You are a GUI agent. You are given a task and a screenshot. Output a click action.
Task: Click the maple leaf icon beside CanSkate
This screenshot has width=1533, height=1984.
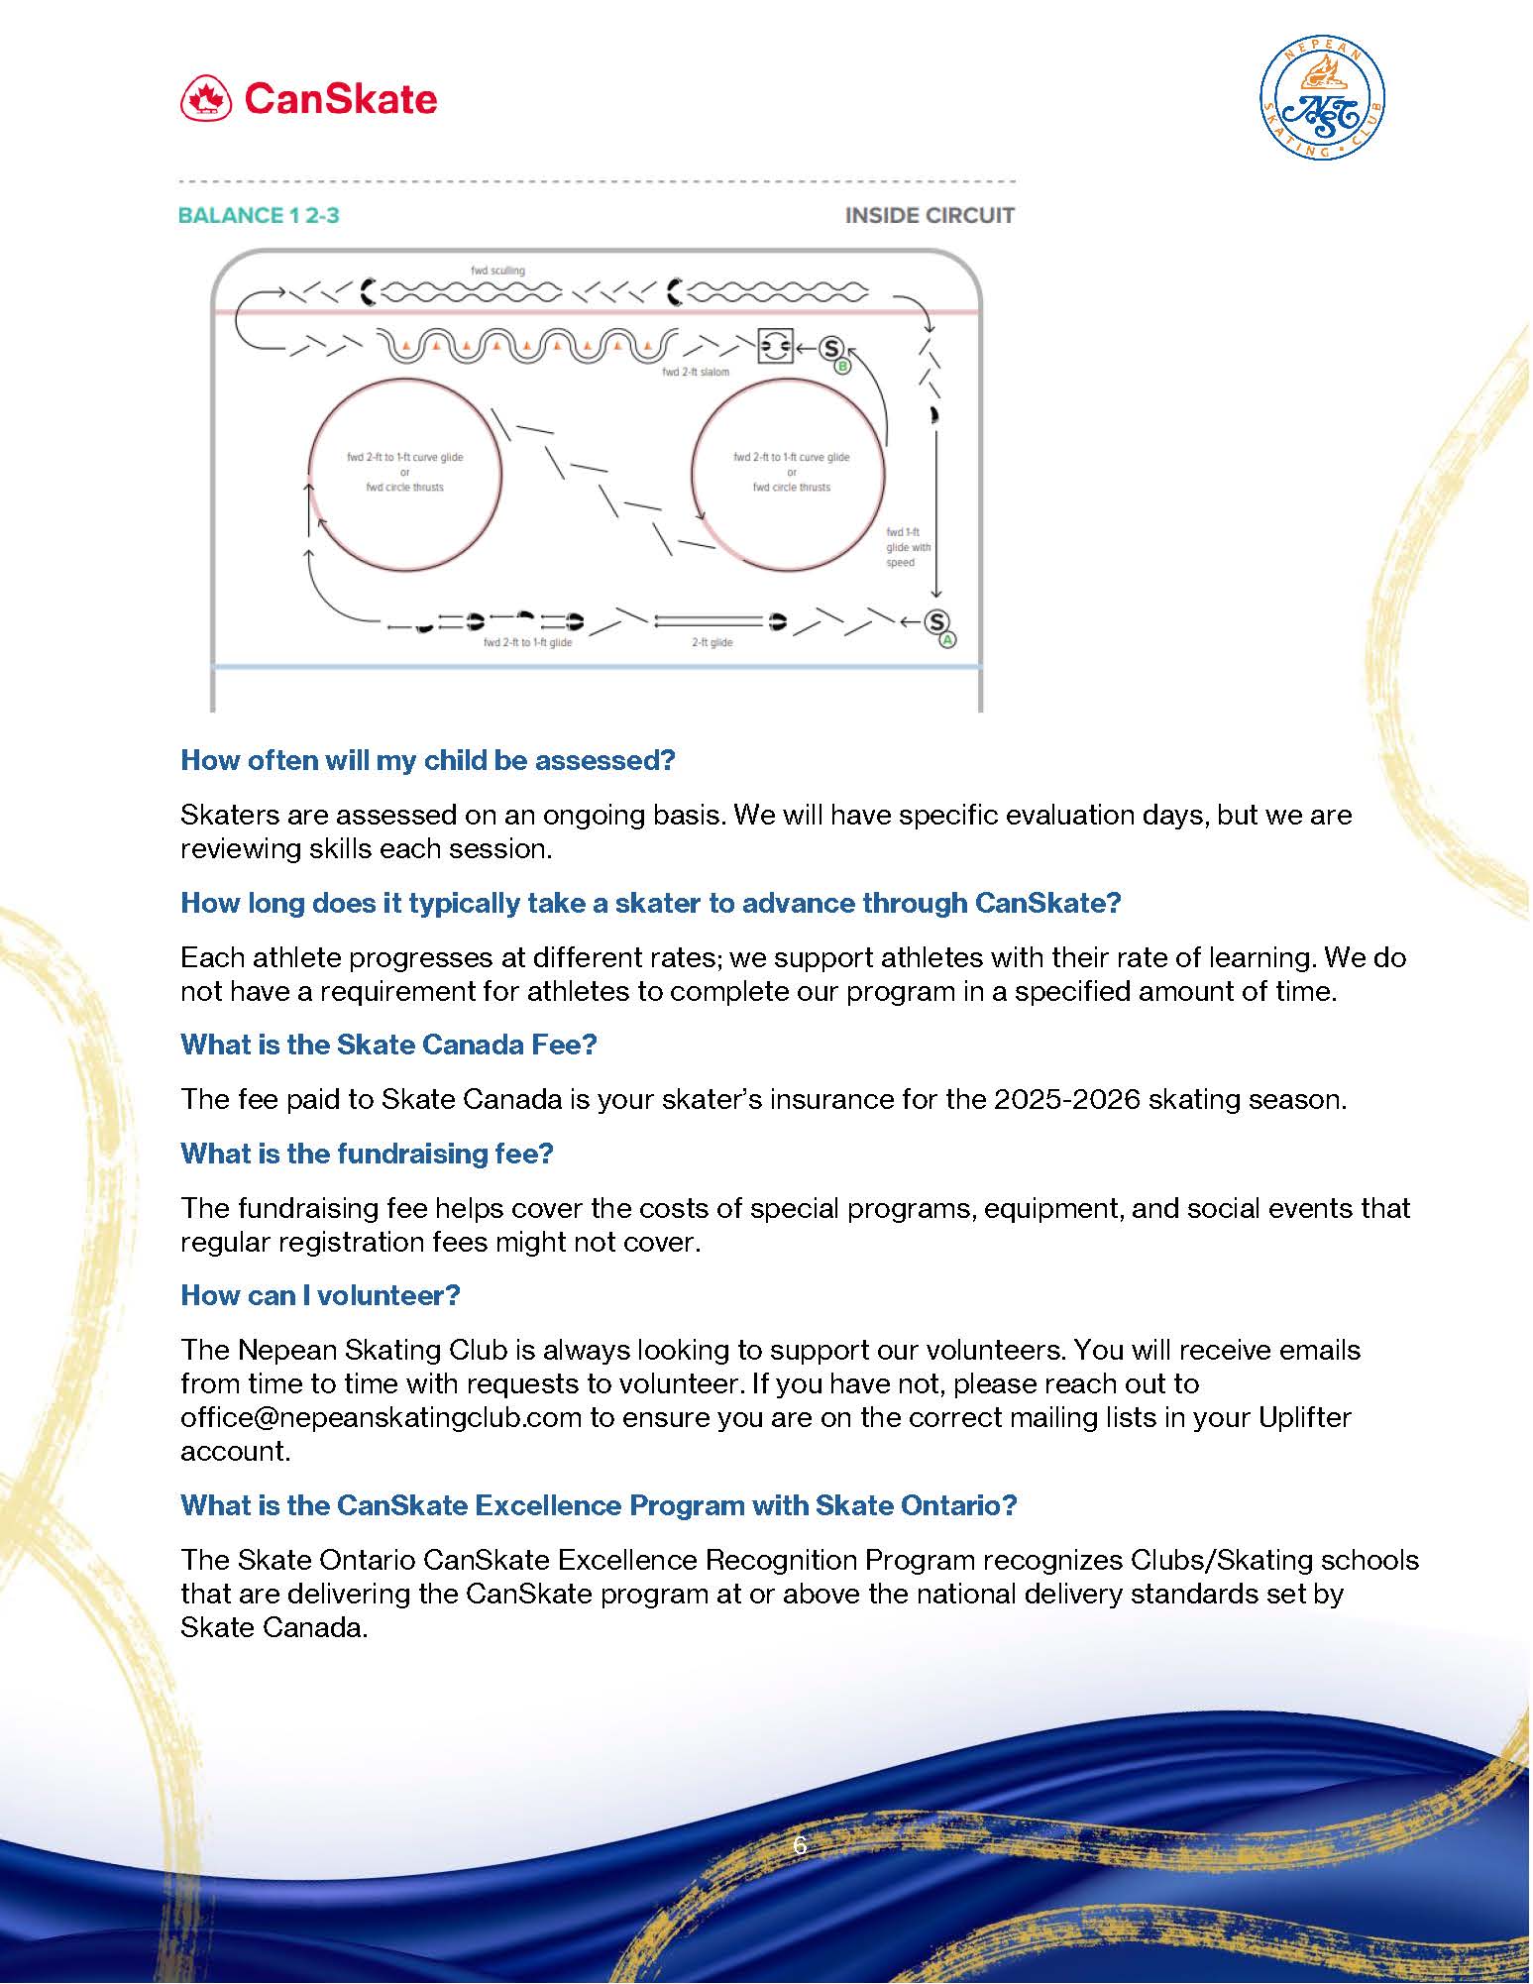pyautogui.click(x=206, y=99)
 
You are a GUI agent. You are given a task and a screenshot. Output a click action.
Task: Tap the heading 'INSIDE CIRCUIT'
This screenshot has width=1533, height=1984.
pyautogui.click(x=929, y=215)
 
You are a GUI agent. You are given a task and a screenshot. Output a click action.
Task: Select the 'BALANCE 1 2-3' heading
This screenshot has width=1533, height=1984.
pyautogui.click(x=259, y=215)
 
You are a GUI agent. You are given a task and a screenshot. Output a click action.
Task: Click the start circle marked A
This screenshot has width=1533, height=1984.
pyautogui.click(x=935, y=621)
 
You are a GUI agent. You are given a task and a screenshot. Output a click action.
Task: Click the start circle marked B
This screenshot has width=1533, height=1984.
pyautogui.click(x=832, y=349)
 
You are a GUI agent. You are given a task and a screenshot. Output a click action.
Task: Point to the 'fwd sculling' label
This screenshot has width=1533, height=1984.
pyautogui.click(x=498, y=271)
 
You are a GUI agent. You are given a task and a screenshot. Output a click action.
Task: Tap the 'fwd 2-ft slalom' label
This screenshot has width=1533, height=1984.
pyautogui.click(x=696, y=373)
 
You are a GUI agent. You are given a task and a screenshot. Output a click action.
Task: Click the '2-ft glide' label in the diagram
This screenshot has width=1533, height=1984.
pyautogui.click(x=712, y=643)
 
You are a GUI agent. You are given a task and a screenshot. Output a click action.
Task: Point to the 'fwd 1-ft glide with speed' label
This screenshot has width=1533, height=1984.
pyautogui.click(x=908, y=547)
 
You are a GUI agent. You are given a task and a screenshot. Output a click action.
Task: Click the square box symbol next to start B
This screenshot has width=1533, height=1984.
pyautogui.click(x=775, y=347)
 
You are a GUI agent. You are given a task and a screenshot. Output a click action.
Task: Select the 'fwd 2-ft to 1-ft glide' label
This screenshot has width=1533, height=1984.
pyautogui.click(x=527, y=643)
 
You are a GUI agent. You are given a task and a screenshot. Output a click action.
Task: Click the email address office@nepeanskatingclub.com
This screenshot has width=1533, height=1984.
pyautogui.click(x=381, y=1417)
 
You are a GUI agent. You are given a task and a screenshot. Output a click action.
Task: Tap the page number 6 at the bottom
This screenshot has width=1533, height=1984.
pyautogui.click(x=800, y=1846)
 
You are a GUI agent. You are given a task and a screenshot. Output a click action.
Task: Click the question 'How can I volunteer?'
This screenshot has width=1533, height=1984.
pyautogui.click(x=320, y=1295)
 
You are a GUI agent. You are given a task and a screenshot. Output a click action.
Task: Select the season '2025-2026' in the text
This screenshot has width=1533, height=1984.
pyautogui.click(x=1067, y=1099)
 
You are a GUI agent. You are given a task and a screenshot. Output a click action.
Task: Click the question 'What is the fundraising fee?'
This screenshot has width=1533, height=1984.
pyautogui.click(x=367, y=1154)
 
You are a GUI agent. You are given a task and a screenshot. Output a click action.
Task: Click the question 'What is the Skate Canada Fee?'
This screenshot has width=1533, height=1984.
pyautogui.click(x=388, y=1045)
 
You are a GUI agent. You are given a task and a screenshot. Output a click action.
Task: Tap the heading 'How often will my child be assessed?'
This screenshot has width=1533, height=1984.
pyautogui.click(x=427, y=760)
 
